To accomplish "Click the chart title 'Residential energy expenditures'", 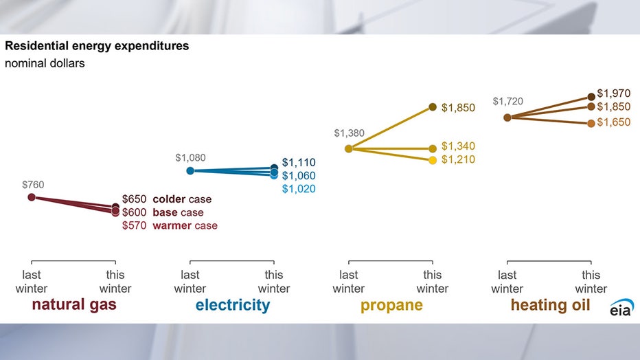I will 97,47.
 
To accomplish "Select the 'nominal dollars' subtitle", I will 45,64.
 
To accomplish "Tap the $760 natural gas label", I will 32,184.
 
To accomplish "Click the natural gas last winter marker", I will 32,197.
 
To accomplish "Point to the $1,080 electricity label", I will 190,157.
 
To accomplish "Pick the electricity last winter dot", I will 190,170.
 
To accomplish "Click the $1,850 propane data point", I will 433,106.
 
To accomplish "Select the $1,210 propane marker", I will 433,160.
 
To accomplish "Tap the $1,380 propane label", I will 349,133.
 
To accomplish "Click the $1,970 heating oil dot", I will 591,97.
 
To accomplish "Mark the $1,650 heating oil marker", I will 591,123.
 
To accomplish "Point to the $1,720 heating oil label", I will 507,102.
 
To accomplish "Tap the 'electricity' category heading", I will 232,305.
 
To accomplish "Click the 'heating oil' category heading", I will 549,305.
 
